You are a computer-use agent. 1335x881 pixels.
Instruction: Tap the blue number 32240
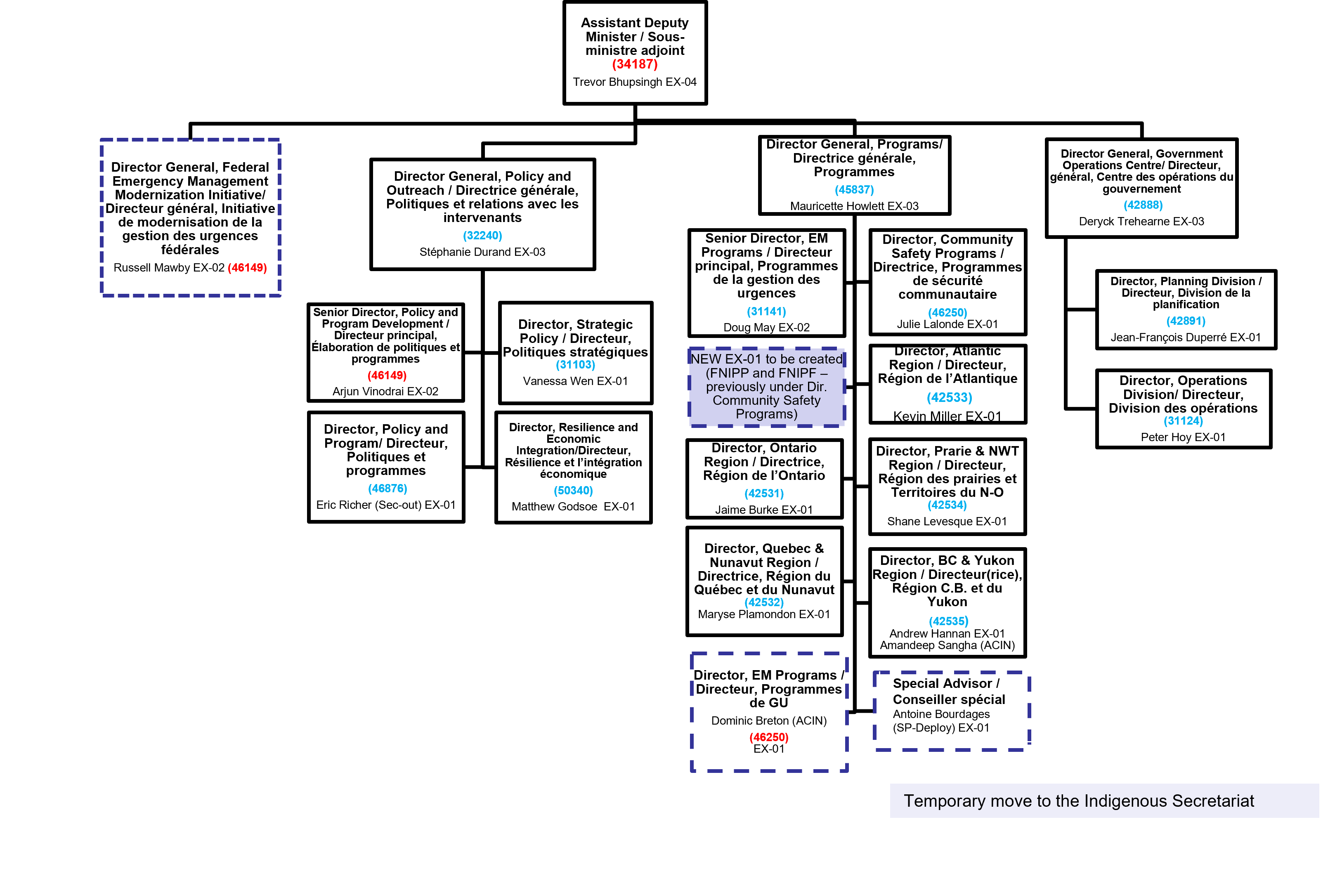[482, 236]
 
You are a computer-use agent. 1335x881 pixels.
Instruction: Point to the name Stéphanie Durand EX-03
[482, 252]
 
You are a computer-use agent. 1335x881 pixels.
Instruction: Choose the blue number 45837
[854, 190]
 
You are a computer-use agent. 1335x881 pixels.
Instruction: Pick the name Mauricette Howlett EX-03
[854, 206]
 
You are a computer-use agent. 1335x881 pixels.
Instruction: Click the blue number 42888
[1143, 205]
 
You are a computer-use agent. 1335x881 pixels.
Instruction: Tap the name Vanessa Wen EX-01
[575, 381]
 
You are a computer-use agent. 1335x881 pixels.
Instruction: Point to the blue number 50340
[573, 491]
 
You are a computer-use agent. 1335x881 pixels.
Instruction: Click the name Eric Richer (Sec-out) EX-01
[386, 505]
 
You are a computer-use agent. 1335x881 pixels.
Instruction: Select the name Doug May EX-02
[766, 328]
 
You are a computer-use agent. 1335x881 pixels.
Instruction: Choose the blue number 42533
[949, 398]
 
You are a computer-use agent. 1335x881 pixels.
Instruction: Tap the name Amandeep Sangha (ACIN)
[947, 645]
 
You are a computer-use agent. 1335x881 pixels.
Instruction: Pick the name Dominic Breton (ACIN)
[769, 721]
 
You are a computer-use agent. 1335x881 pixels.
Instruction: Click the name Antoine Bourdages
[941, 714]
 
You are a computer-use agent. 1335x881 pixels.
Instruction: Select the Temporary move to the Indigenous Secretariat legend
[1078, 801]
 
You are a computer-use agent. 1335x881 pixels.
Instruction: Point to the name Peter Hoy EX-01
[1183, 437]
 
